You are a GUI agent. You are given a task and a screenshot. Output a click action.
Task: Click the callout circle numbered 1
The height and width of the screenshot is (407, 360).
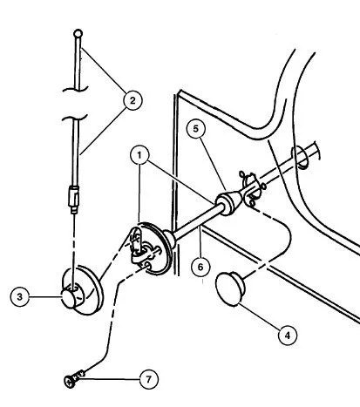[139, 155]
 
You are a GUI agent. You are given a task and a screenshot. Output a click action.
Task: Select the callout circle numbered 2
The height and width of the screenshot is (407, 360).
[132, 100]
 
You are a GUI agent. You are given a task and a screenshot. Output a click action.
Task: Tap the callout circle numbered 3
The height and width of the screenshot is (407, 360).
[20, 297]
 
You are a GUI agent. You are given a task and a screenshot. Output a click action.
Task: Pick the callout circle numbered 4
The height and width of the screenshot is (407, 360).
[288, 336]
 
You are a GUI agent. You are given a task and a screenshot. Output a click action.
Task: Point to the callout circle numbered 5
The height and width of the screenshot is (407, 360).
[196, 128]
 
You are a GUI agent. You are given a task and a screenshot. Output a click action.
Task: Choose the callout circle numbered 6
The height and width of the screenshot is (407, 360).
[200, 267]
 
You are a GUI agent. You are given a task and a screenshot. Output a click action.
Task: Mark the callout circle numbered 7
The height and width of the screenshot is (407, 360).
[149, 379]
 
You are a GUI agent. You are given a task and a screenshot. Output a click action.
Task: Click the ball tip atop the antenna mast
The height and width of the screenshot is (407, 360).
[78, 33]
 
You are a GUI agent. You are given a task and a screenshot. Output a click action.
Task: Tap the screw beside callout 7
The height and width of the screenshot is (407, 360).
[74, 378]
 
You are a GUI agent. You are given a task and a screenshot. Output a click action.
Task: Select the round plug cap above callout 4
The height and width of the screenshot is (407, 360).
[230, 288]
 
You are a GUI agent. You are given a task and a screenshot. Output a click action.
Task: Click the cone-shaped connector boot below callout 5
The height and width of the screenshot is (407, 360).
[229, 202]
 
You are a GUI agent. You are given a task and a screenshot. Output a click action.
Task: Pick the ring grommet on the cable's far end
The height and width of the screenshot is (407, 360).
[300, 157]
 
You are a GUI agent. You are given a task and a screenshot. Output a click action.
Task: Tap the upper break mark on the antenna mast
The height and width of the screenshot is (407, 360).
[75, 89]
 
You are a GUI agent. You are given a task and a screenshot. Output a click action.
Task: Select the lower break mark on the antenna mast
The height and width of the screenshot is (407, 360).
[75, 119]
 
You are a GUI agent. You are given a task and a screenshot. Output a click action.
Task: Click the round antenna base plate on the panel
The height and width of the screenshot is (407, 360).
[151, 248]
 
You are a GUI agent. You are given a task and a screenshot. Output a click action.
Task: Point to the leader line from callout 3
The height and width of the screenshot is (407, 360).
[45, 297]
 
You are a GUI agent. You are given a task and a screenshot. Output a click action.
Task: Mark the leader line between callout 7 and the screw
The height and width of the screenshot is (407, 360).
[112, 379]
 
